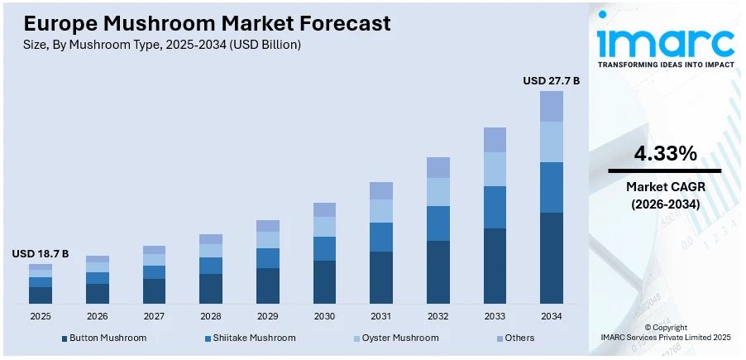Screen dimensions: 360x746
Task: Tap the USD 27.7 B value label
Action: tap(551, 80)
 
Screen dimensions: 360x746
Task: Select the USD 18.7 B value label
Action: tap(41, 253)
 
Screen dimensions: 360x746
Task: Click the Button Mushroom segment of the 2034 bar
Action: tap(552, 257)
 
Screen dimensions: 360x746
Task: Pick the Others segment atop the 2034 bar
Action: tap(552, 106)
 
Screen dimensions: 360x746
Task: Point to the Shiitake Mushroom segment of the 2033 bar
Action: tap(495, 207)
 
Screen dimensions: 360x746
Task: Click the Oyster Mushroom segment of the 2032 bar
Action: tap(438, 192)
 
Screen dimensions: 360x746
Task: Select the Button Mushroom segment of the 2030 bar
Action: tap(324, 281)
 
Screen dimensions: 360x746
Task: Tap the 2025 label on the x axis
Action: tap(41, 316)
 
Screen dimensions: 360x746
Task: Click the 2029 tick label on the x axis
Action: tap(268, 316)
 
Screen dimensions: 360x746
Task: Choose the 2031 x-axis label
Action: tap(381, 316)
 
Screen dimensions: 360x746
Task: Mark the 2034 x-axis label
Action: tap(552, 316)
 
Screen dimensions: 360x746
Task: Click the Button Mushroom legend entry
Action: tap(107, 338)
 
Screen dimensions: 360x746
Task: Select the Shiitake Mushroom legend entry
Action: tap(250, 338)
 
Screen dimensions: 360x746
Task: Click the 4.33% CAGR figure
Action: tap(664, 153)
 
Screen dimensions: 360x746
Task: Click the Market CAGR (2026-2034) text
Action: tap(664, 194)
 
